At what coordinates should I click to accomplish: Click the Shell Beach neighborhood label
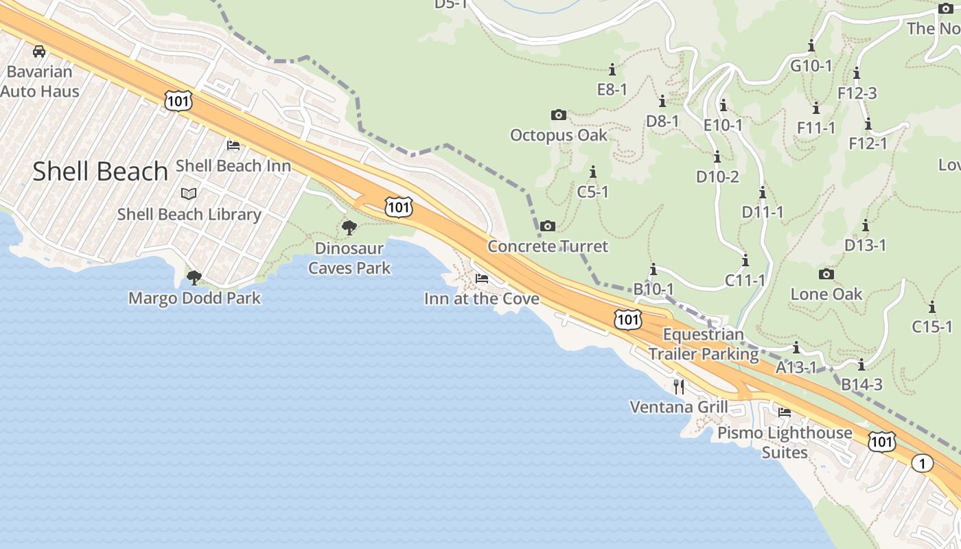coord(100,172)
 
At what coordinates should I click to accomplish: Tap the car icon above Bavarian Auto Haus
coord(39,51)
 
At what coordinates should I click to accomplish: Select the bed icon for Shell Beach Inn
coord(233,145)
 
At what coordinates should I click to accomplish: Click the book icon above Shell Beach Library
coord(189,194)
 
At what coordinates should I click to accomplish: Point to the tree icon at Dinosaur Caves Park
coord(349,227)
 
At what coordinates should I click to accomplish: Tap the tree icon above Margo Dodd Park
coord(194,277)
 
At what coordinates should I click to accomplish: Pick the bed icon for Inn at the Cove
coord(482,279)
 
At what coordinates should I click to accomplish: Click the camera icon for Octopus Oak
coord(559,115)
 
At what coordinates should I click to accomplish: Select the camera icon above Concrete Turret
coord(547,226)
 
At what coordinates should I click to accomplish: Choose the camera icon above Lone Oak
coord(826,274)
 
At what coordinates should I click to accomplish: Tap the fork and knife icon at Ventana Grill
coord(679,386)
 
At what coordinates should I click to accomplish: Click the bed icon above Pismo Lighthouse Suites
coord(785,412)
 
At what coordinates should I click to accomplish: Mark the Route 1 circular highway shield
coord(923,463)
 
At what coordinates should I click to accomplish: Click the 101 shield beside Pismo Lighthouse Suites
coord(881,441)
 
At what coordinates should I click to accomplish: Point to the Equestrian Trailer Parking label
coord(704,344)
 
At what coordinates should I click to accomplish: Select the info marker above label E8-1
coord(612,69)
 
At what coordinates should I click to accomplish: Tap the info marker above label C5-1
coord(593,172)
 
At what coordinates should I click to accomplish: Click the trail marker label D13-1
coord(866,245)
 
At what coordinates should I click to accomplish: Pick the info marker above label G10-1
coord(811,46)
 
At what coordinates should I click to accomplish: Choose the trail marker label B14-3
coord(862,384)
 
